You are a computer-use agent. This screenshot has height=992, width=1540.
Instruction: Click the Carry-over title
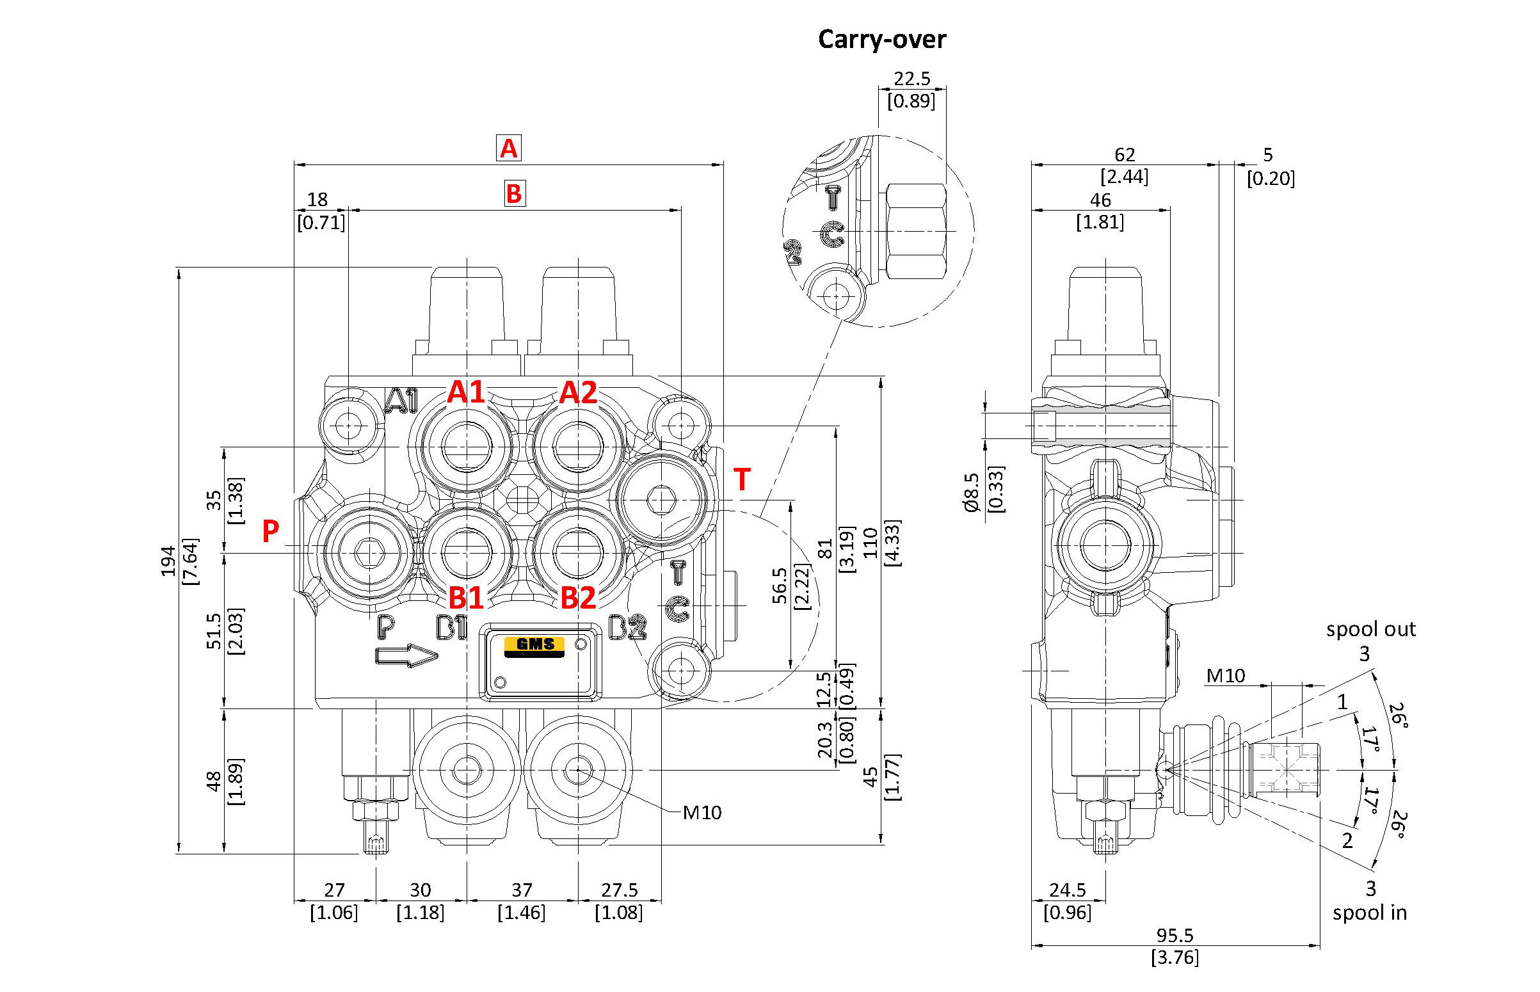(x=881, y=40)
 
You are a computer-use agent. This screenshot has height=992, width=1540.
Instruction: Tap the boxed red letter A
(x=508, y=148)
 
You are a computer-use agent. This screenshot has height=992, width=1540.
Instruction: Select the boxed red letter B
(x=514, y=194)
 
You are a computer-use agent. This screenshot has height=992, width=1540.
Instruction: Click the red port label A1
(x=466, y=392)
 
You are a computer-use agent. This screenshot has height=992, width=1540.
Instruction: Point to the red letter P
(x=271, y=531)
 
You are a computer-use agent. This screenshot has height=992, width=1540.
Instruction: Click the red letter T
(x=742, y=480)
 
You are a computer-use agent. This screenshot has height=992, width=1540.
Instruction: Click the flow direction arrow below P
(x=406, y=656)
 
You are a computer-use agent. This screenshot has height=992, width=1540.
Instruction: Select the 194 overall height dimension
(x=168, y=561)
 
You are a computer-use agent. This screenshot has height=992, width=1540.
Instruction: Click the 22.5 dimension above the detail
(x=911, y=79)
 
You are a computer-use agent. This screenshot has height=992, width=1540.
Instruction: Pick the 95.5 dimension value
(x=1175, y=934)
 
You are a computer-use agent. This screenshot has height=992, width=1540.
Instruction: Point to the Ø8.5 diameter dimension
(x=972, y=492)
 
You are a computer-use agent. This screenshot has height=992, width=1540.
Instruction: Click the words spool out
(x=1370, y=629)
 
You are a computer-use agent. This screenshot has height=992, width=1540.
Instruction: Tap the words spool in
(x=1369, y=913)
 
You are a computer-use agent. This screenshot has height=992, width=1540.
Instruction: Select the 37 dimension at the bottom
(x=522, y=890)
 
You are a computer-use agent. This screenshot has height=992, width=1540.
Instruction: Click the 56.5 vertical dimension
(x=780, y=586)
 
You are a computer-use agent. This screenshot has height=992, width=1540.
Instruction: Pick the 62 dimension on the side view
(x=1125, y=155)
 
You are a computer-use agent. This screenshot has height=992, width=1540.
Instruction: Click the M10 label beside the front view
(x=702, y=812)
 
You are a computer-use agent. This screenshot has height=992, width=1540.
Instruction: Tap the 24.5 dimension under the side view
(x=1067, y=890)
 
